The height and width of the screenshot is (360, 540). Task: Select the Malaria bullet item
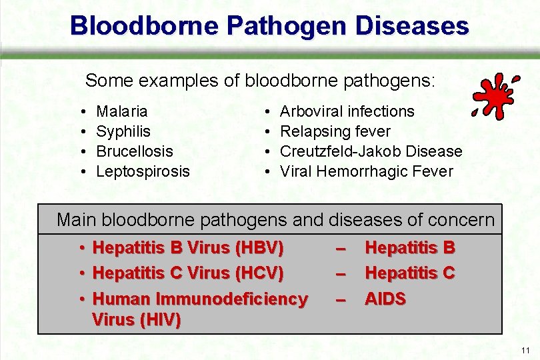click(122, 111)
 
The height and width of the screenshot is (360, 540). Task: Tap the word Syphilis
click(123, 131)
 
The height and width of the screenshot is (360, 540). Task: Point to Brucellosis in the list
click(135, 151)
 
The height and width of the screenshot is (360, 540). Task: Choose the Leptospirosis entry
click(143, 171)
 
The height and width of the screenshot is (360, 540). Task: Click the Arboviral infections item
click(347, 111)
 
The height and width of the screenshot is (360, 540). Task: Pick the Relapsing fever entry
click(335, 131)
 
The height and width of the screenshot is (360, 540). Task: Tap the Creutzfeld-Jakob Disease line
click(371, 151)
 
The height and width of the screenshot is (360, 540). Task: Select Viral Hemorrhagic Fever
click(366, 171)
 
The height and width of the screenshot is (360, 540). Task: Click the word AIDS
click(385, 299)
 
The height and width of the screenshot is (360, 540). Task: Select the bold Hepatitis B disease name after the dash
click(409, 248)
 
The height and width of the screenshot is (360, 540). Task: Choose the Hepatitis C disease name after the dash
click(409, 273)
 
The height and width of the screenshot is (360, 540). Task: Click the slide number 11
click(526, 351)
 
